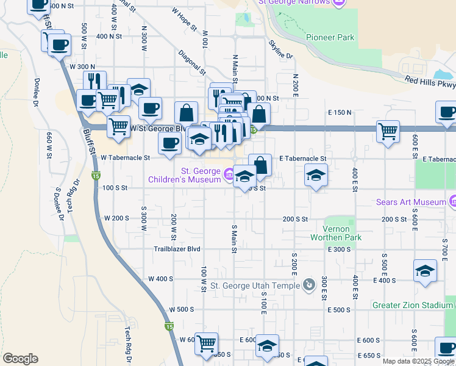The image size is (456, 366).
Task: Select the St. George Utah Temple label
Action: pyautogui.click(x=255, y=285)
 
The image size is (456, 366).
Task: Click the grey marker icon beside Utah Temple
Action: pyautogui.click(x=310, y=284)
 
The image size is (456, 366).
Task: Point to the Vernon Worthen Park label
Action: pyautogui.click(x=336, y=232)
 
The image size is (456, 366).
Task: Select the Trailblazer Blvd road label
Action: pyautogui.click(x=177, y=249)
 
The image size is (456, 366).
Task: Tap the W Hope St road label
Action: pyautogui.click(x=185, y=19)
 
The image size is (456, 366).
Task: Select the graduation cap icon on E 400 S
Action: pyautogui.click(x=425, y=270)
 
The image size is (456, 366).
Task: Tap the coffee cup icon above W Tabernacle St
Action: pyautogui.click(x=169, y=143)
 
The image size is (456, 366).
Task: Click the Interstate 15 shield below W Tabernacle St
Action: pyautogui.click(x=96, y=176)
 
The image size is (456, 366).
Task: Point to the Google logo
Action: pyautogui.click(x=20, y=359)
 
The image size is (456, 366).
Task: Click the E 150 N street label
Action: pyautogui.click(x=340, y=113)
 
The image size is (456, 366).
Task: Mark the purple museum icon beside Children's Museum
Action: pyautogui.click(x=229, y=176)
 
